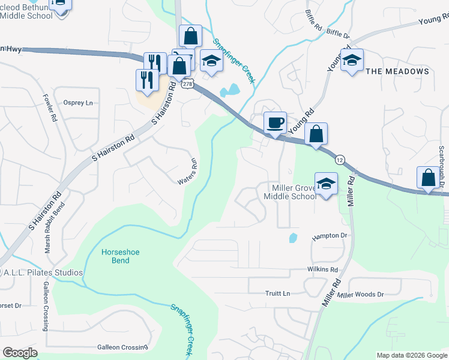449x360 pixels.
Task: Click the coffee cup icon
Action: coord(276,123)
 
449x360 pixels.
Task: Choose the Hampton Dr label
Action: coord(330,237)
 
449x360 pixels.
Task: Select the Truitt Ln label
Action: coord(277,293)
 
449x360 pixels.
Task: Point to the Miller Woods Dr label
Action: coord(360,295)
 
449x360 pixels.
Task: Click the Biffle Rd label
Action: coord(314,21)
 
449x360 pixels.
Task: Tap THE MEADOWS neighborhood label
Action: coord(397,71)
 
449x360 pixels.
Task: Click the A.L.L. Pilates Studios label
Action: coord(42,272)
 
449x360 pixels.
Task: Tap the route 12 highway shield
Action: coord(340,160)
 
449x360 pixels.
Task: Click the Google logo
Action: coord(20,353)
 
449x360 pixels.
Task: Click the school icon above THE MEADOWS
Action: coord(352,60)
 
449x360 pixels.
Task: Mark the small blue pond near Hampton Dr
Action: coord(292,238)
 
